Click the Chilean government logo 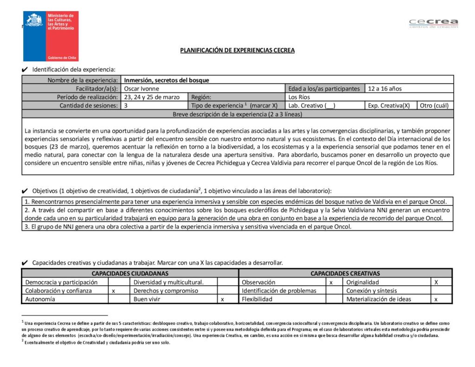[x=51, y=36]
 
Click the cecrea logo [x=433, y=23]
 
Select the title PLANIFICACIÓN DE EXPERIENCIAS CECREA [x=237, y=51]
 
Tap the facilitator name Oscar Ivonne [x=141, y=89]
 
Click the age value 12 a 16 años [x=385, y=89]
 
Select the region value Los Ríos [x=299, y=97]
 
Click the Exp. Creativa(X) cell [x=389, y=105]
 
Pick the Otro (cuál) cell [x=434, y=105]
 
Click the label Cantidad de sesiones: [x=89, y=105]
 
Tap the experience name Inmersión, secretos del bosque [x=167, y=80]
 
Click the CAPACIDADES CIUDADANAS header [x=130, y=273]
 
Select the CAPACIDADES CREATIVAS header [x=345, y=273]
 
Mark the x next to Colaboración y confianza [x=114, y=291]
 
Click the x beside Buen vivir [x=223, y=299]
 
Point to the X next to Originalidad [x=436, y=282]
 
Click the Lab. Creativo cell [x=312, y=105]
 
